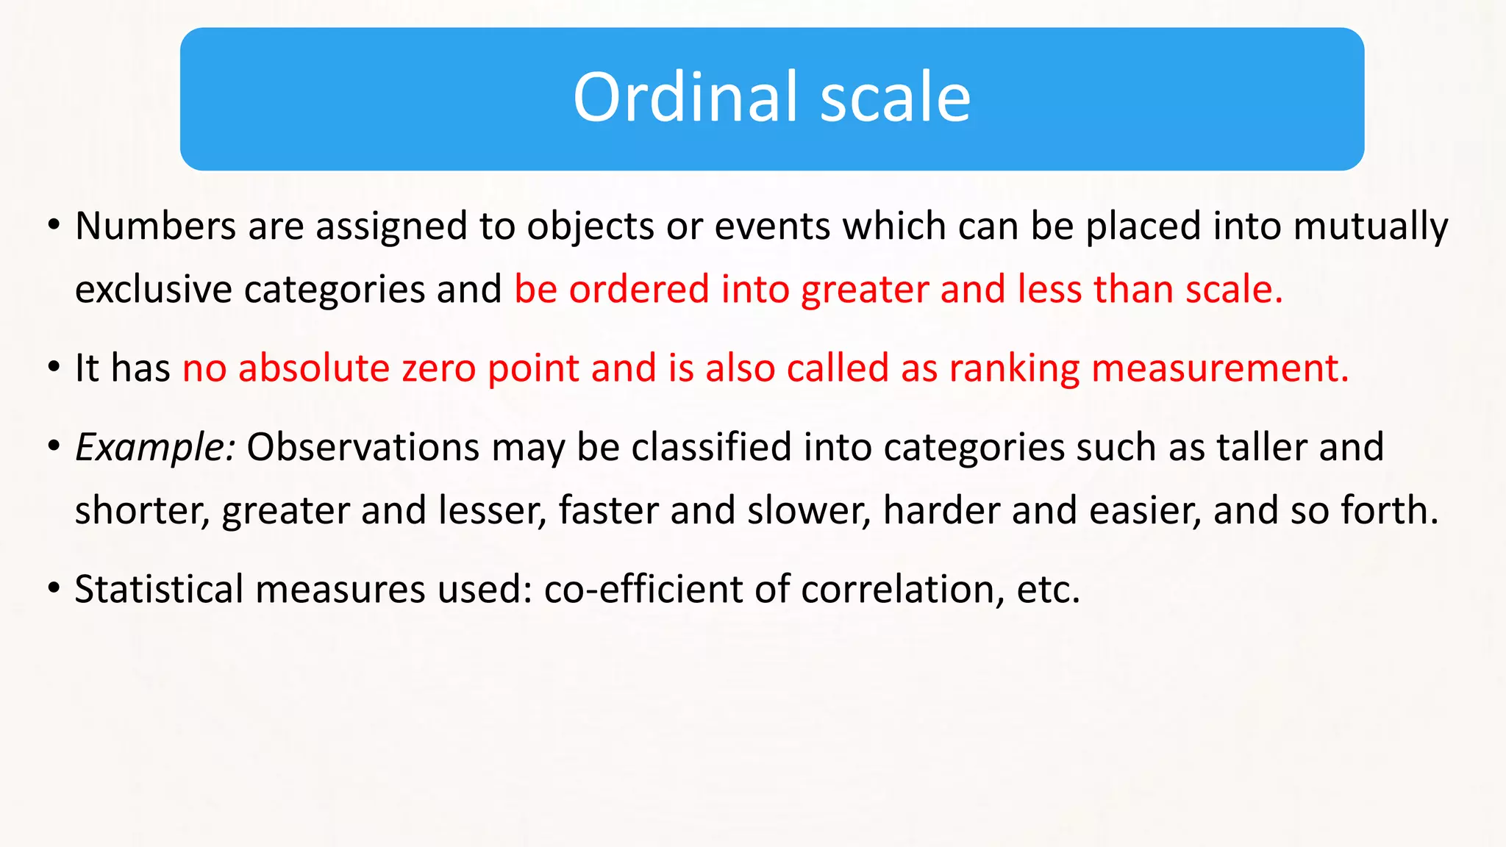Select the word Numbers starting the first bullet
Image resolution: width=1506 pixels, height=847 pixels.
[155, 226]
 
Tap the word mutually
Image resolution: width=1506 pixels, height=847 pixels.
[1371, 226]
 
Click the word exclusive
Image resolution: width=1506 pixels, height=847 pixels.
[154, 289]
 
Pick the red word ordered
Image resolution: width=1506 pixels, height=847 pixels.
[638, 289]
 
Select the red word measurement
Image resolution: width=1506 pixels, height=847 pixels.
[1219, 368]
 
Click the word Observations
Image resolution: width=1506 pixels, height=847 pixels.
[363, 447]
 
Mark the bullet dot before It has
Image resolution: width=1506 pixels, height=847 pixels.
[54, 368]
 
